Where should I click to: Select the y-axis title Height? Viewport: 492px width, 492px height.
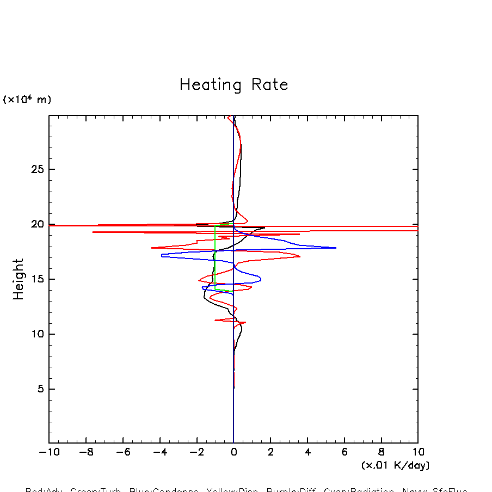(x=19, y=279)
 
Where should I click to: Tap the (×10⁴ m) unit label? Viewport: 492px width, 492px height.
(x=27, y=100)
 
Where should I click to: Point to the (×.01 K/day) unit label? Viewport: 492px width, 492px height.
(x=395, y=465)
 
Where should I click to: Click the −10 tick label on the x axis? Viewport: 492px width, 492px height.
(x=49, y=452)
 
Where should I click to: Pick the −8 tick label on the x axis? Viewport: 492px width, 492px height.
(x=86, y=452)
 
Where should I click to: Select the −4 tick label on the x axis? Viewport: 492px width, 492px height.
(x=159, y=452)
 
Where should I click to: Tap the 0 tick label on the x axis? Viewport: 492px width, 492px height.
(x=233, y=452)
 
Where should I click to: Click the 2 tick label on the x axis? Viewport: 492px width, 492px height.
(x=270, y=452)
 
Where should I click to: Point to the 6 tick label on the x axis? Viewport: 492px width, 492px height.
(x=344, y=452)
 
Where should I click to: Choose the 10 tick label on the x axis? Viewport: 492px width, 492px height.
(x=417, y=452)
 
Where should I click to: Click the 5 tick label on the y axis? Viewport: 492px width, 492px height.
(x=36, y=389)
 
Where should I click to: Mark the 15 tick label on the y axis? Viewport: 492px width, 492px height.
(x=33, y=279)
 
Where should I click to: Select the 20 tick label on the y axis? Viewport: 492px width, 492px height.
(x=33, y=224)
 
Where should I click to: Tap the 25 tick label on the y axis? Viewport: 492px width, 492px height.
(x=33, y=169)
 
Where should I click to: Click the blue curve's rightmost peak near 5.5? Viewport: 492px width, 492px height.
(x=335, y=248)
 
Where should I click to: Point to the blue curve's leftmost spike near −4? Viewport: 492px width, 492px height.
(x=163, y=255)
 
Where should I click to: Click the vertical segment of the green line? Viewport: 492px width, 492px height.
(x=215, y=256)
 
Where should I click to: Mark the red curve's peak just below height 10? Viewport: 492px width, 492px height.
(x=244, y=323)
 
